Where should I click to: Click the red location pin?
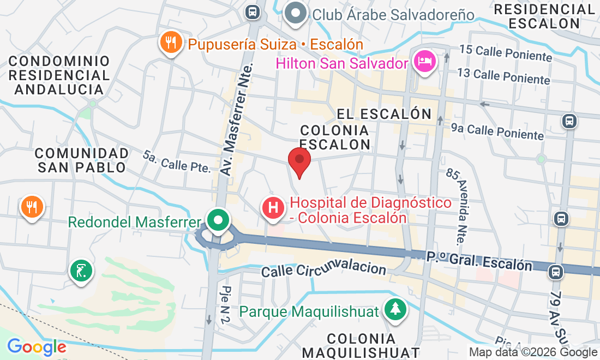pyautogui.click(x=299, y=160)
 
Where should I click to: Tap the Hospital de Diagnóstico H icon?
pyautogui.click(x=273, y=207)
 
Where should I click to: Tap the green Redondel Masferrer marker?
pyautogui.click(x=219, y=221)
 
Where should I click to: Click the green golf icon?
pyautogui.click(x=81, y=270)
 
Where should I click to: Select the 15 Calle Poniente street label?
pyautogui.click(x=506, y=53)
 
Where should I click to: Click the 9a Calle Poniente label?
pyautogui.click(x=497, y=131)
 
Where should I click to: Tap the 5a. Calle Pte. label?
pyautogui.click(x=177, y=162)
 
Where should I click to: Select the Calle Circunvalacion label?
pyautogui.click(x=324, y=269)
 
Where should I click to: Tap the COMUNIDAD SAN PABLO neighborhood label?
pyautogui.click(x=83, y=160)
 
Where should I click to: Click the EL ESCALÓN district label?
pyautogui.click(x=384, y=114)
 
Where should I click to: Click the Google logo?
pyautogui.click(x=37, y=347)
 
